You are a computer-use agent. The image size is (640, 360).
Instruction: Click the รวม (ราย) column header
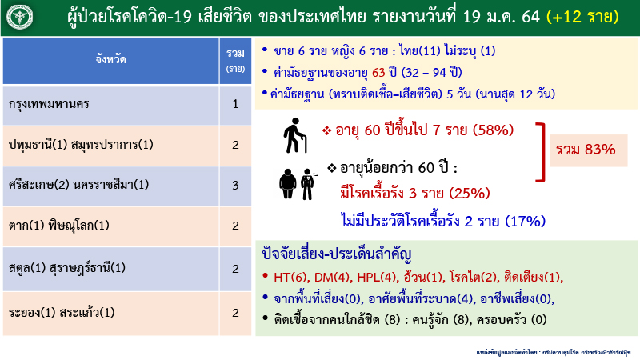pos(235,58)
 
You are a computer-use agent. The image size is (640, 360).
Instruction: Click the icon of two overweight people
pos(294,183)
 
